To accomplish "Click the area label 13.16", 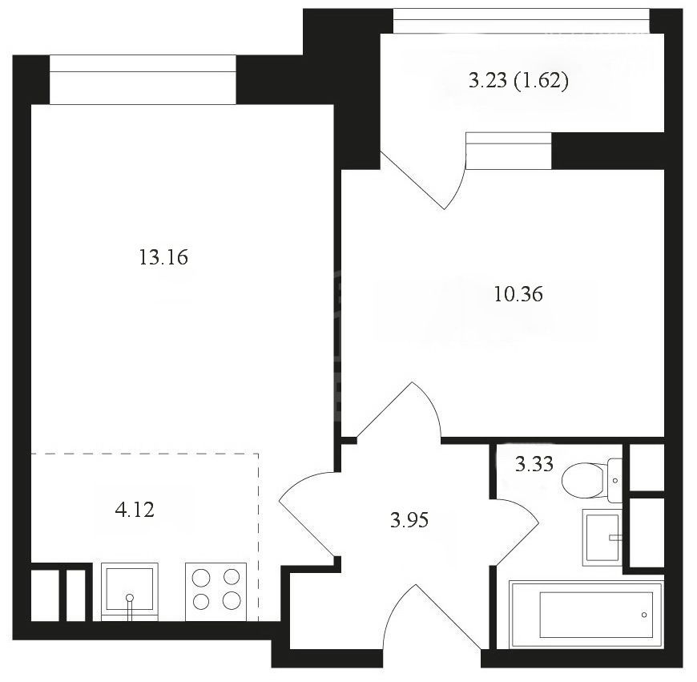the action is [x=163, y=257].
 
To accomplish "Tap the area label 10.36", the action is [x=518, y=294].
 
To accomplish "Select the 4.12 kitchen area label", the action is [x=135, y=510].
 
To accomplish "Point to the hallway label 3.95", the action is [x=409, y=520].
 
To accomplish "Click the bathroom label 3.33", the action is [x=534, y=464].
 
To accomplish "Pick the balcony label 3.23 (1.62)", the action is [x=519, y=81].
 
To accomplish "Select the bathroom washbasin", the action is [x=602, y=538].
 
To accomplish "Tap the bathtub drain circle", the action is [x=644, y=615].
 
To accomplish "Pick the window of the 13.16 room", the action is [x=143, y=79].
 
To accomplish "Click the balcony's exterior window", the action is [x=522, y=21].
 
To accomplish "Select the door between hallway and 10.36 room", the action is [x=400, y=409].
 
